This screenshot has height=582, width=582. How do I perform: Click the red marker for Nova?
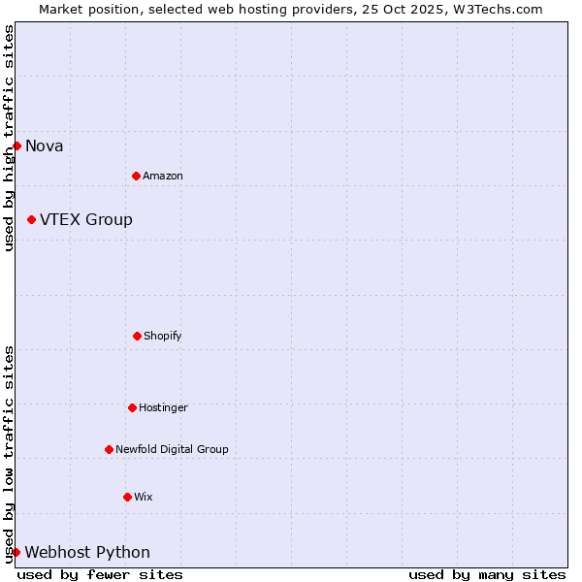[16, 145]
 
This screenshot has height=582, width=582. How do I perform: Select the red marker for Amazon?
[136, 176]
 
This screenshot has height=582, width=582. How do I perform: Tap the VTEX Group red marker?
[31, 219]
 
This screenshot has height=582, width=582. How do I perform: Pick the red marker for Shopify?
[137, 336]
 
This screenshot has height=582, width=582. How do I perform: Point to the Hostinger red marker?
[132, 407]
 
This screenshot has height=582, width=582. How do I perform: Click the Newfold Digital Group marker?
[109, 449]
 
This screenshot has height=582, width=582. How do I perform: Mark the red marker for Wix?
[127, 497]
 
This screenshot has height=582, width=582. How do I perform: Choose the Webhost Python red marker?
[16, 552]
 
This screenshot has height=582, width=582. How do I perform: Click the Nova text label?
[45, 146]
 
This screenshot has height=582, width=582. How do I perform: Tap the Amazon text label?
[163, 176]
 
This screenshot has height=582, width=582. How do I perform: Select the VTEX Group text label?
[86, 219]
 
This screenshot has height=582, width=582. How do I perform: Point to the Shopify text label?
[163, 336]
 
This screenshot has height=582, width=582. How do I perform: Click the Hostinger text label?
[163, 407]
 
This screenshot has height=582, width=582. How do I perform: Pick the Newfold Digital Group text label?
[172, 449]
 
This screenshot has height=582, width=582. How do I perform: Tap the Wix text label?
[144, 497]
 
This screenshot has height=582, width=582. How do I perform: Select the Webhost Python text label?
[87, 553]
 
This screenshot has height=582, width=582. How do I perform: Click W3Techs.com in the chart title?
[496, 9]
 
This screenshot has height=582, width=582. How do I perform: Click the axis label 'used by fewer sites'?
[100, 574]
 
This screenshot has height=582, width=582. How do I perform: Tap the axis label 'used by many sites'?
[487, 574]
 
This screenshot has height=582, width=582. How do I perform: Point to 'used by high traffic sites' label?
[9, 138]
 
